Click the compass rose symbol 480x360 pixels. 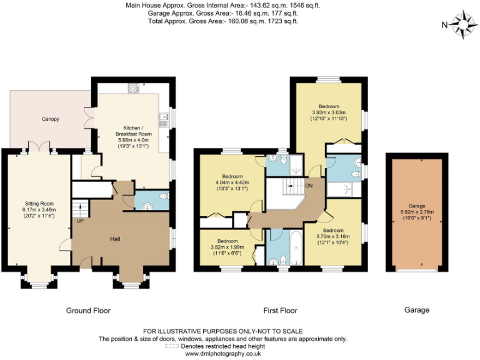463,25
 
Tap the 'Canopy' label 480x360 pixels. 51,118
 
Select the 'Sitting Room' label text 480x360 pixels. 38,204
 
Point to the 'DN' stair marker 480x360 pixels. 309,186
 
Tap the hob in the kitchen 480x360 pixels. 133,88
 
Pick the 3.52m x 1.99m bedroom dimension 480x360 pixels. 227,247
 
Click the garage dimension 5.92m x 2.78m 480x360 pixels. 417,212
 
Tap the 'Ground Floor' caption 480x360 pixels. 88,310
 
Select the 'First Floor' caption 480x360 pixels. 279,310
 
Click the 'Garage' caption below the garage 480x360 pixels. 416,310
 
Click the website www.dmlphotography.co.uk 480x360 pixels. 223,353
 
